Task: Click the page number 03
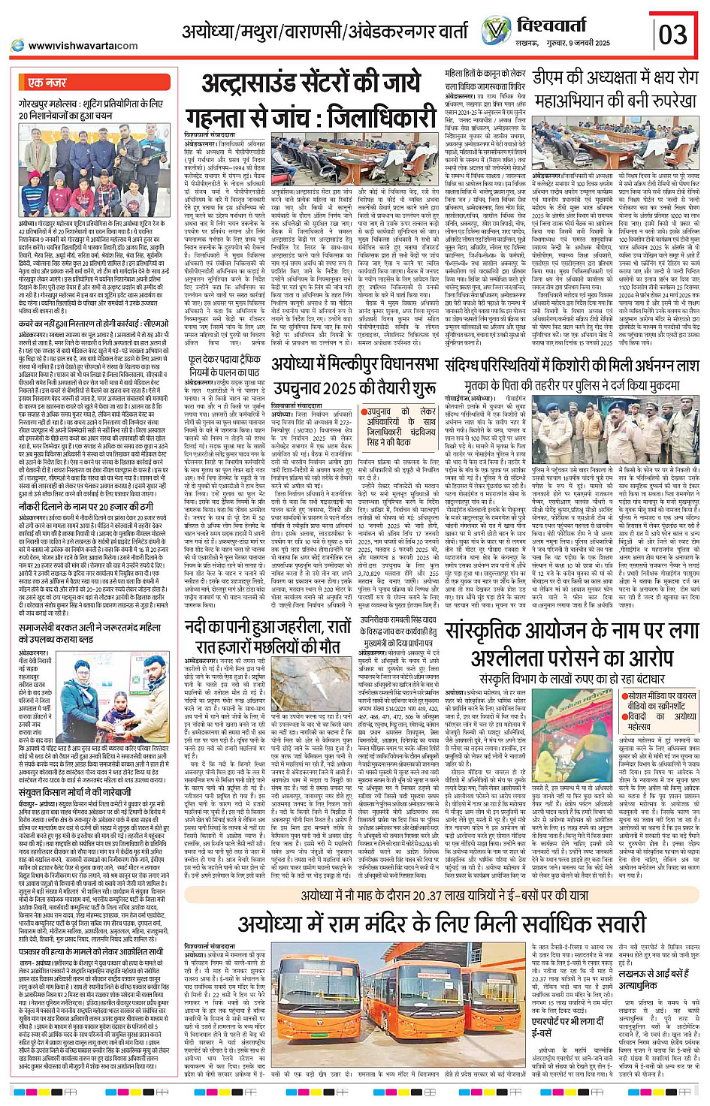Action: pyautogui.click(x=673, y=34)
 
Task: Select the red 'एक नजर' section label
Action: pyautogui.click(x=47, y=83)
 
